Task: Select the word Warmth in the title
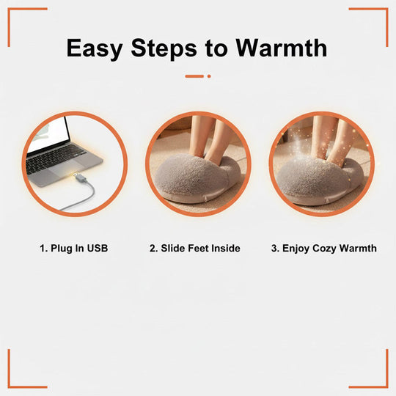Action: (x=281, y=48)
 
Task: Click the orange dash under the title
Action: (x=194, y=76)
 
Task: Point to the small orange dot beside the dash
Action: (x=209, y=76)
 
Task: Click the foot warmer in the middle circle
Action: (x=198, y=180)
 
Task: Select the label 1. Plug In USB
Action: (x=73, y=249)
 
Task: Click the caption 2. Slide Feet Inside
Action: (x=194, y=249)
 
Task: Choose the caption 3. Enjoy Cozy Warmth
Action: (x=323, y=249)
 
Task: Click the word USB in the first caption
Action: (x=97, y=249)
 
